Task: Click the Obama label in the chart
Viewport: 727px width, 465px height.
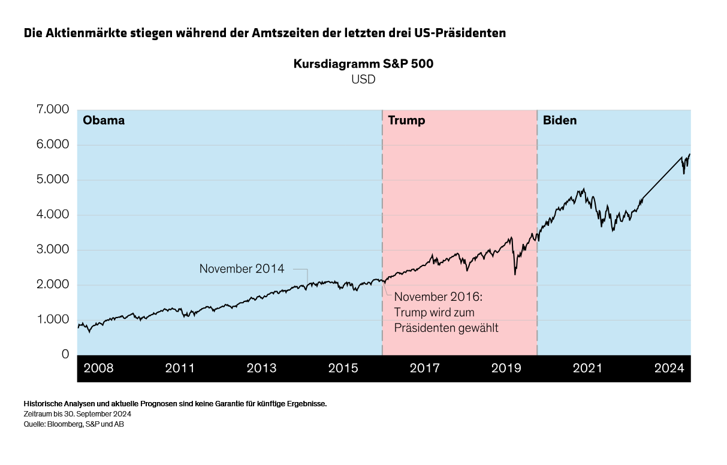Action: [x=104, y=120]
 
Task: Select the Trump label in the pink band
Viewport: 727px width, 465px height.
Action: [x=406, y=120]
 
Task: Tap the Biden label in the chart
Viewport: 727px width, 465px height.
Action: [x=560, y=120]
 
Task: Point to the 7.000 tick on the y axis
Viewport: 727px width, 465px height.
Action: [x=53, y=110]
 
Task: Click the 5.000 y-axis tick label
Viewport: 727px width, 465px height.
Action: [x=53, y=180]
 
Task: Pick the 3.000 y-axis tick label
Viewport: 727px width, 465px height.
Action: [x=53, y=250]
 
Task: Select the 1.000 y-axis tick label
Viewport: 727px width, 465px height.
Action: [x=53, y=320]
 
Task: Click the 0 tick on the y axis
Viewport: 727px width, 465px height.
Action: [x=65, y=355]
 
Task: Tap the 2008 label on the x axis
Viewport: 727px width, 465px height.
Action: [x=98, y=368]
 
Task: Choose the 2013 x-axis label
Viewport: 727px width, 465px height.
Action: [x=261, y=368]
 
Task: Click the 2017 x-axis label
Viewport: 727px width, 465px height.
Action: [x=424, y=368]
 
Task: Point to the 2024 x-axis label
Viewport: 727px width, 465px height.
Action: [x=669, y=368]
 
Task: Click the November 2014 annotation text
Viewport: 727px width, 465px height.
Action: [x=242, y=269]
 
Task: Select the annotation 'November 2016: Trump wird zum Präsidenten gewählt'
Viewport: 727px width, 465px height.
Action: [x=446, y=312]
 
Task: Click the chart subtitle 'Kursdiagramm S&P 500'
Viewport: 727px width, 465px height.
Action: [x=363, y=64]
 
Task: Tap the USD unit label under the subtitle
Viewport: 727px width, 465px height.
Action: [x=363, y=79]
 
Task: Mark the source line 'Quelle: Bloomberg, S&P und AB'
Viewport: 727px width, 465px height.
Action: [x=74, y=424]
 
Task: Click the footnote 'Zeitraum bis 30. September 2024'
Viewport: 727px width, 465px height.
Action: [x=77, y=414]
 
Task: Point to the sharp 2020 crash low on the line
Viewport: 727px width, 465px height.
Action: [x=515, y=274]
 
